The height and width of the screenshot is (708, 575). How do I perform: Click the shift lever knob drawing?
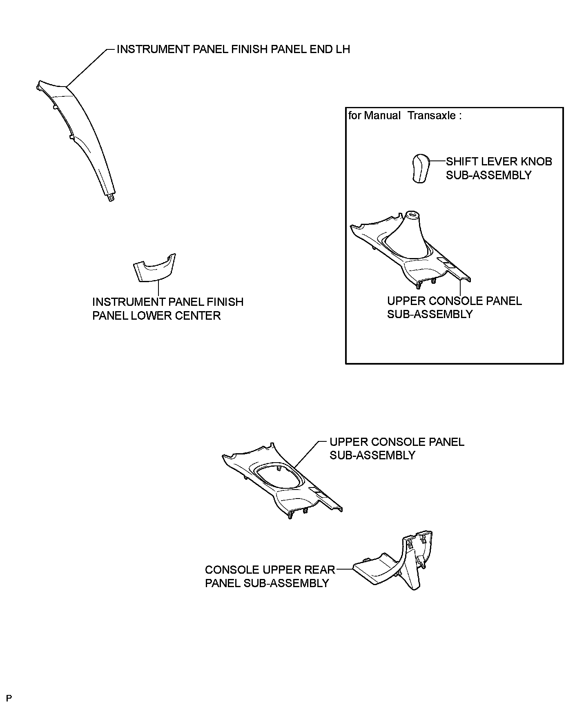420,168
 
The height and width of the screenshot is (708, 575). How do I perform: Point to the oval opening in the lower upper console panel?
277,476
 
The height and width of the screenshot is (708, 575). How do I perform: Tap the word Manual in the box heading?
382,116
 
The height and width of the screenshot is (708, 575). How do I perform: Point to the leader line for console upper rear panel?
345,569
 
